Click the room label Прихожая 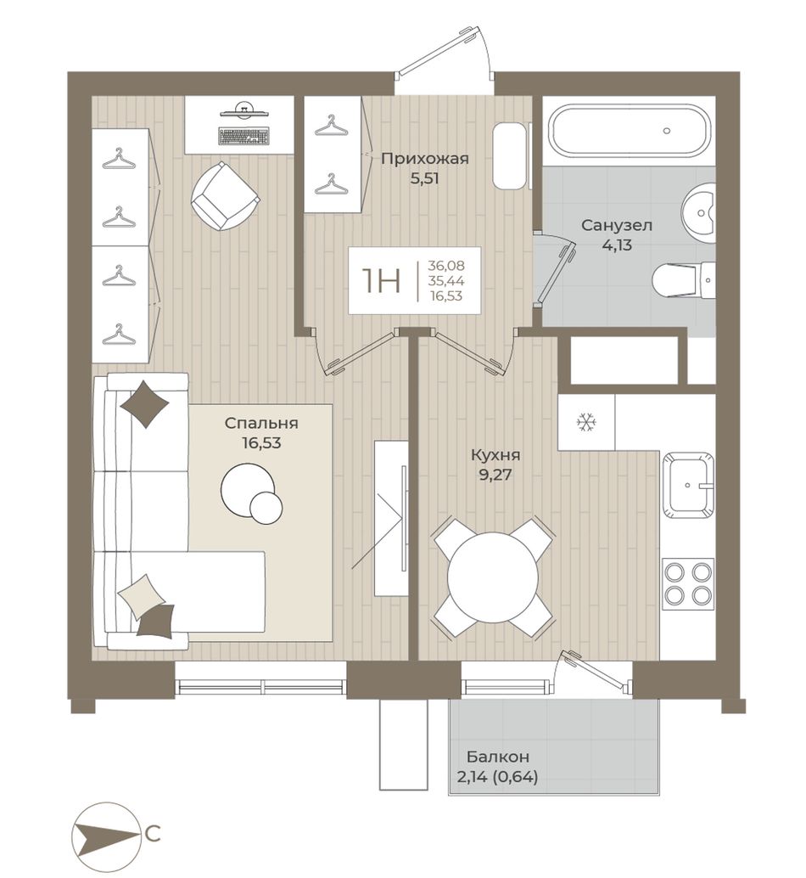pos(424,159)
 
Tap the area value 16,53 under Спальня pos(261,443)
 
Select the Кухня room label pos(495,455)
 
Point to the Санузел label pos(617,226)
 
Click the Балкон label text pos(498,757)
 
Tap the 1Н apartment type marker pos(382,280)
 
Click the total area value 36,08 pos(445,266)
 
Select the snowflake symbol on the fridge pos(586,422)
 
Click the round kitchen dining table pos(493,577)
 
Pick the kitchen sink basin pos(689,486)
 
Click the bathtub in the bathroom pos(630,131)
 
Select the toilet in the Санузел pos(684,279)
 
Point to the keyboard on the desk pos(244,136)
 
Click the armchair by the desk pos(226,195)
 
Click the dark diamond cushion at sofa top pos(145,404)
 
